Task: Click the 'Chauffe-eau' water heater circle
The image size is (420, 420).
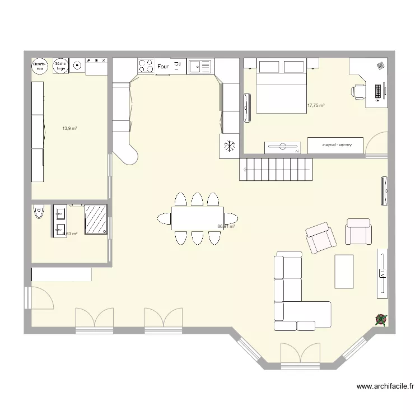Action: [x=39, y=66]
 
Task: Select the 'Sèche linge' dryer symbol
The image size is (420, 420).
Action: [x=60, y=66]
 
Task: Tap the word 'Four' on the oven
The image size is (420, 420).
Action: [x=163, y=67]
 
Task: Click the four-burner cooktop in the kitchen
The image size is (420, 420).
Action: [x=146, y=66]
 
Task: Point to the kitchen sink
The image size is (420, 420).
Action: [x=199, y=67]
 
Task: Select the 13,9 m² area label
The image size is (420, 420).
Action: [x=69, y=128]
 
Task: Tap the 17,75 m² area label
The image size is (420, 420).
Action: [x=316, y=105]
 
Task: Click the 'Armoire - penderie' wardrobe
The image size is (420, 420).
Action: [x=335, y=144]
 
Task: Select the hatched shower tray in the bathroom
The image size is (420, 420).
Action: [x=96, y=219]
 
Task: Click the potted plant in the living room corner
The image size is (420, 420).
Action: [x=380, y=319]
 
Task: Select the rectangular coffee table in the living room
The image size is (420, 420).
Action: [x=344, y=272]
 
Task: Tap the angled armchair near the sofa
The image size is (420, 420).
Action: [x=320, y=237]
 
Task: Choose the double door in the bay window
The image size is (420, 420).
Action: [x=300, y=353]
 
